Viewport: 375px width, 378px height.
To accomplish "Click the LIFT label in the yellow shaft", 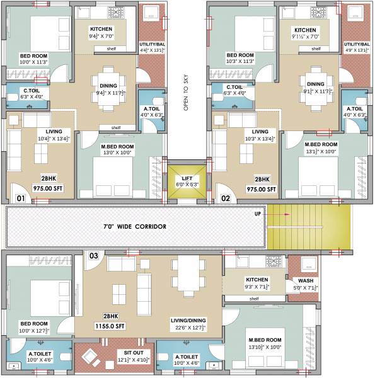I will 186,178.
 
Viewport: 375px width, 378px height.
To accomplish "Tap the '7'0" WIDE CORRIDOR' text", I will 135,226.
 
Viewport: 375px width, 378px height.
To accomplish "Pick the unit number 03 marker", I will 93,255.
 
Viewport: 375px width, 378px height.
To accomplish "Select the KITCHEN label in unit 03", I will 257,280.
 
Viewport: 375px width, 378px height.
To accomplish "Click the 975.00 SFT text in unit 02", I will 261,189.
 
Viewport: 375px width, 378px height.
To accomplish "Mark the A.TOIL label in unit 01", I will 152,108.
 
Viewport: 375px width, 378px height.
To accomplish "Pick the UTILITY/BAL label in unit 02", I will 357,45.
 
